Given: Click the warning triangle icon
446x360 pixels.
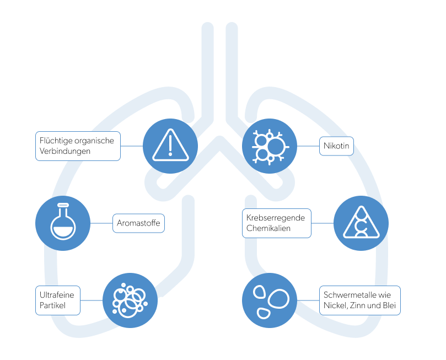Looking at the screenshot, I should (170, 146).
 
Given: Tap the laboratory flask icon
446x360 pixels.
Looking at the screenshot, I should (63, 223).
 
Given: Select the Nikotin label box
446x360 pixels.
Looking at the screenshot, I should (336, 146).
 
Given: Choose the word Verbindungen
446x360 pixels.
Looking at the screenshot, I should (66, 151).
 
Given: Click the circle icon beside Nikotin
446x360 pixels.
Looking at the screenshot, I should (270, 146).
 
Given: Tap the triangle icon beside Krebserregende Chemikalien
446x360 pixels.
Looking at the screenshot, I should (361, 223).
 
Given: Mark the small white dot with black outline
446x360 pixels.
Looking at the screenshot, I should (161, 300).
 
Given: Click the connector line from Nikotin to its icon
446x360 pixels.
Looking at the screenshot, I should (309, 146).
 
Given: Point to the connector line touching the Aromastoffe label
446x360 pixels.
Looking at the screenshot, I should (102, 223).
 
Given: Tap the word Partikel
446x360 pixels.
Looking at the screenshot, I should (53, 305).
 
